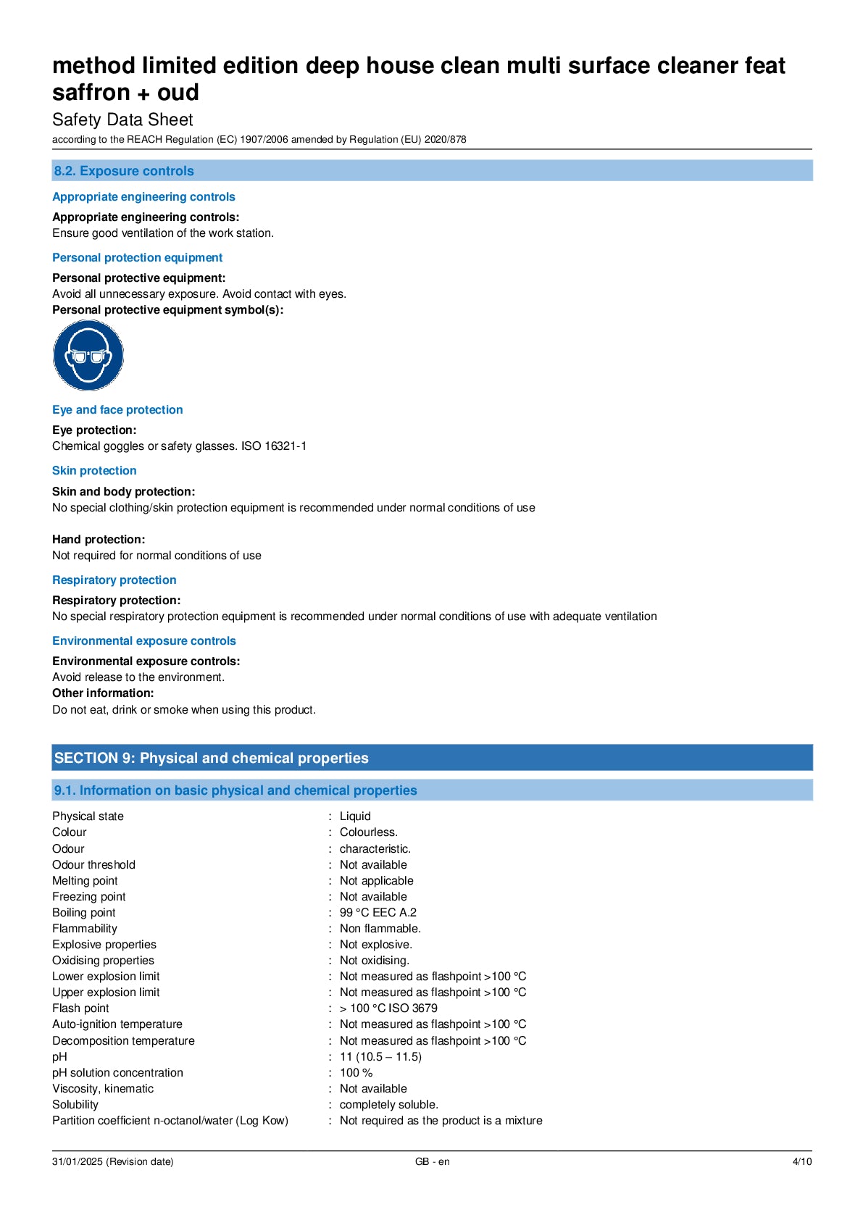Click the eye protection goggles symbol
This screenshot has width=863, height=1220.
pyautogui.click(x=88, y=356)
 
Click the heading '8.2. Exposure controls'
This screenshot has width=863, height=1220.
pyautogui.click(x=124, y=171)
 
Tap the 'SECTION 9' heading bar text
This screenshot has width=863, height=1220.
pyautogui.click(x=211, y=758)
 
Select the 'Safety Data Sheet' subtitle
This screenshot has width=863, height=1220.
pyautogui.click(x=122, y=120)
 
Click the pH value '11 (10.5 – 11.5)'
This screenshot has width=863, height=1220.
pyautogui.click(x=380, y=1057)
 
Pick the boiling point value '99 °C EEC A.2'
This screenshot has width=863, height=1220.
pyautogui.click(x=378, y=913)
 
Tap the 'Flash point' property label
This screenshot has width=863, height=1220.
pyautogui.click(x=80, y=1008)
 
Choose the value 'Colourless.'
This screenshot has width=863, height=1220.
pyautogui.click(x=368, y=832)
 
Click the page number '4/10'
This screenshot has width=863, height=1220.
pyautogui.click(x=801, y=1161)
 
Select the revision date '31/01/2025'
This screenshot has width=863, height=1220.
pyautogui.click(x=78, y=1161)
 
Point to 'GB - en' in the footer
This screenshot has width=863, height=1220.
pyautogui.click(x=432, y=1161)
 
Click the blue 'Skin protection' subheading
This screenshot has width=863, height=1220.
pyautogui.click(x=94, y=471)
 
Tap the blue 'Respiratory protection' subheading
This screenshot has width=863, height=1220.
pyautogui.click(x=114, y=580)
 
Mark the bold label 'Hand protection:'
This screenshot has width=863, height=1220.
pyautogui.click(x=99, y=540)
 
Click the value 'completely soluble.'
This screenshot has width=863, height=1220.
pyautogui.click(x=388, y=1105)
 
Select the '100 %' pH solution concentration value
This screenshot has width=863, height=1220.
pyautogui.click(x=356, y=1073)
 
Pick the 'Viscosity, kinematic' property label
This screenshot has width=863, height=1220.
pyautogui.click(x=103, y=1089)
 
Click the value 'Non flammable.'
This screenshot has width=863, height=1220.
pyautogui.click(x=380, y=929)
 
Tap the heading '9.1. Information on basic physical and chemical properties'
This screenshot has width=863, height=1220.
pyautogui.click(x=235, y=790)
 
